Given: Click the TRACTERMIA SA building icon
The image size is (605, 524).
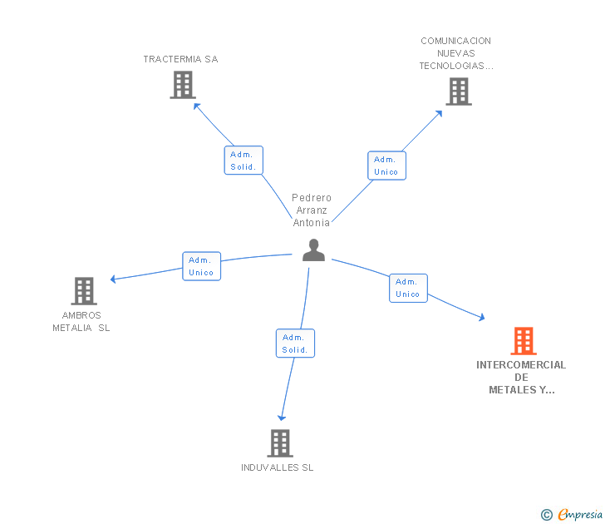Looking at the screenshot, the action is (x=183, y=85).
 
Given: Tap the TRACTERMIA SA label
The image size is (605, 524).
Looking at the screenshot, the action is (x=180, y=59).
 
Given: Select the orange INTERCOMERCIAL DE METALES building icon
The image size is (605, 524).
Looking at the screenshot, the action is (x=524, y=341).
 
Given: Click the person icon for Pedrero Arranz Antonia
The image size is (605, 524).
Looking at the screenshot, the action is (x=313, y=250).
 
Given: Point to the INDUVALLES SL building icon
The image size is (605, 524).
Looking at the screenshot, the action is (x=280, y=443).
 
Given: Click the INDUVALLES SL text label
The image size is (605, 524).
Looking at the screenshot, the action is (x=277, y=467).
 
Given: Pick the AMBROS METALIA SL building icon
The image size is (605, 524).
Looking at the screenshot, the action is (x=84, y=291).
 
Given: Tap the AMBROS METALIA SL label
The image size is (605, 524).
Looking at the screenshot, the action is (x=81, y=322).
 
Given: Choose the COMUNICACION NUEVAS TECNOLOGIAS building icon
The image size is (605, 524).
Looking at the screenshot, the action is (x=459, y=91).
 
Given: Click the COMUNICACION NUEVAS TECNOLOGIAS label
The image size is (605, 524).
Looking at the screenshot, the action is (x=456, y=53).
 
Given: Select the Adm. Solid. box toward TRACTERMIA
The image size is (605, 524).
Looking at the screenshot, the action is (x=243, y=161).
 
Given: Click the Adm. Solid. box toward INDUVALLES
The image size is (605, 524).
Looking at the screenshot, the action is (x=295, y=344).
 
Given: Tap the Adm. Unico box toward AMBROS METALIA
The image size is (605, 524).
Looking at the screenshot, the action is (x=201, y=266).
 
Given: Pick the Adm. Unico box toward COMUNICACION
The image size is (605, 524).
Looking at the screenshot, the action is (x=386, y=166).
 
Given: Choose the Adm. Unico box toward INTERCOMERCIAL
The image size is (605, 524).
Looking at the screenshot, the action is (x=408, y=288).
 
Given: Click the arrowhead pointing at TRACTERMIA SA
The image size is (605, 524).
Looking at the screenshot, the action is (x=196, y=106).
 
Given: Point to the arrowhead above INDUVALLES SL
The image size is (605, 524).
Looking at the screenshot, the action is (x=282, y=418).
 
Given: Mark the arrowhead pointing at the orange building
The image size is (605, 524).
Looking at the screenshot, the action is (x=481, y=317).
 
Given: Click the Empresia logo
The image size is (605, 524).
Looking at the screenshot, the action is (x=572, y=515).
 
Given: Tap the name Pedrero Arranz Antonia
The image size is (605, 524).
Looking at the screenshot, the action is (x=312, y=210).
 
